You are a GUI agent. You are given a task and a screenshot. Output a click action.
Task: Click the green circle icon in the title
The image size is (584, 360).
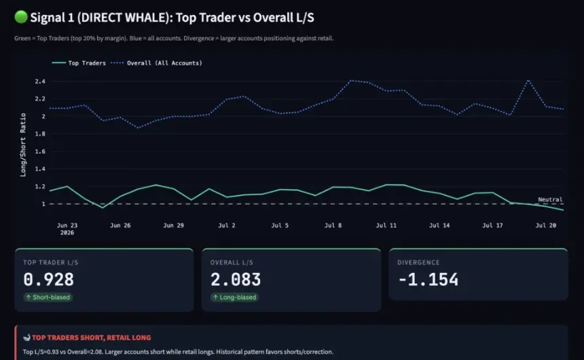pos(21,17)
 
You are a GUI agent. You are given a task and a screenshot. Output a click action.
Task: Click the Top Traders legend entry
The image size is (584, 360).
pos(79,63)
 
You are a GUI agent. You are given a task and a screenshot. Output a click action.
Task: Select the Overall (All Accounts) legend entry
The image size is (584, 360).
pos(156,63)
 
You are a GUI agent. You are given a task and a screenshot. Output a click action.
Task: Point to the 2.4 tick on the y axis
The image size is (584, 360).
pos(40,82)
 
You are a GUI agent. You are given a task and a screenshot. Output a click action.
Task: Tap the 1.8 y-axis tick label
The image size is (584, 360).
pos(40,134)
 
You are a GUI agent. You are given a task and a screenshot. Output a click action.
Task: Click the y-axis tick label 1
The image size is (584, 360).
pos(43,204)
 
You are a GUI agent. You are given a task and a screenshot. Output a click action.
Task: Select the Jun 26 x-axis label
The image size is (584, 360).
pos(120,225)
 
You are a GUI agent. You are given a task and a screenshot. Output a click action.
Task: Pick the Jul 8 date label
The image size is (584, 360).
pos(333,225)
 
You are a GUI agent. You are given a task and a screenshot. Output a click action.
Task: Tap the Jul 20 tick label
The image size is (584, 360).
pos(546,225)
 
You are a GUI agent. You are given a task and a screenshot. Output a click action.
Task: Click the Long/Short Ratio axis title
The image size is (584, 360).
pos(23,145)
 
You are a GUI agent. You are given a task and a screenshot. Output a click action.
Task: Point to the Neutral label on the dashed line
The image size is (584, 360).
pos(550,200)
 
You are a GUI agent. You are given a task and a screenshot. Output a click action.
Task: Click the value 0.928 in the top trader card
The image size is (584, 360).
pos(48,279)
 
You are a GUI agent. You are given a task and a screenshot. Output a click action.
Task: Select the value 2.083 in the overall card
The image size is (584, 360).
pos(236,279)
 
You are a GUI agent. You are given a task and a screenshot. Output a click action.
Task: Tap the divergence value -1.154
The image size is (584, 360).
pos(428,279)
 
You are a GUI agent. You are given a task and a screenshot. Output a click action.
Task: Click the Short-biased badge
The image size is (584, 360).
pos(48,297)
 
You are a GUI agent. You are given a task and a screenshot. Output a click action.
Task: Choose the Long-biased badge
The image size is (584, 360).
pos(234,297)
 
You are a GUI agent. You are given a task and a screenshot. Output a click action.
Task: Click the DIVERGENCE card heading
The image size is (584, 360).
pos(418,262)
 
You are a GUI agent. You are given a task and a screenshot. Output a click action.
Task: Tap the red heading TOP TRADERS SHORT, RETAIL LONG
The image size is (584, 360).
pos(91,338)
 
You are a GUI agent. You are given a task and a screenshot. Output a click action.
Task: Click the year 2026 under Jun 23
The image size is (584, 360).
pos(67,232)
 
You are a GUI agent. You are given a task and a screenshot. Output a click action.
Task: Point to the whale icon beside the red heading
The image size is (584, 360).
pos(26,338)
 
